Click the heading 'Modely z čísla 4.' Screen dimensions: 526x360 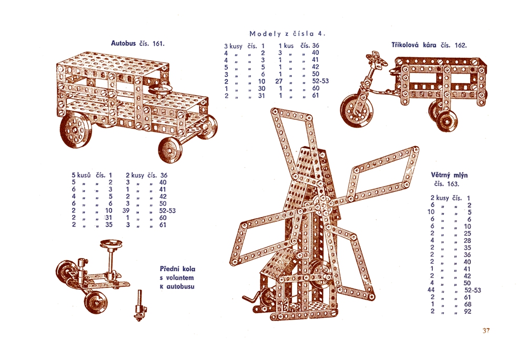288,34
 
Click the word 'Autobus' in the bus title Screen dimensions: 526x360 124,43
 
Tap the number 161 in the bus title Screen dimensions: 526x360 159,44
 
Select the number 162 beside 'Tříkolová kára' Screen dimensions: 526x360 461,45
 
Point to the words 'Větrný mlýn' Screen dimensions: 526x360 449,175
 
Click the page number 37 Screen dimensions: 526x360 486,331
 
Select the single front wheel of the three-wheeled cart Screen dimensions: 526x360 357,110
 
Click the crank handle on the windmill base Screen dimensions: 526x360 250,297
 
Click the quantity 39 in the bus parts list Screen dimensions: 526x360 126,211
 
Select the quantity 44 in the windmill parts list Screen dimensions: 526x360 431,290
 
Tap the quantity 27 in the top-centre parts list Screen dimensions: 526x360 279,81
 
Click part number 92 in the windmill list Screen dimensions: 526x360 468,312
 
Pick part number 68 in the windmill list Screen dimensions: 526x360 468,304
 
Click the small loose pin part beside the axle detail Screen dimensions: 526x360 139,305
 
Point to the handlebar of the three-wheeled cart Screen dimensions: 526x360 377,60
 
